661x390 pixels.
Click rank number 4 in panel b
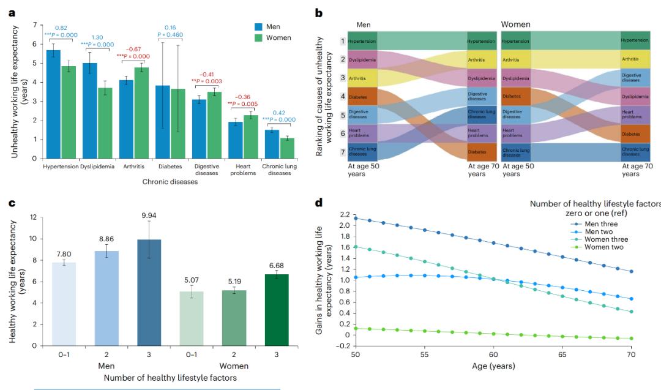pyautogui.click(x=343, y=96)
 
